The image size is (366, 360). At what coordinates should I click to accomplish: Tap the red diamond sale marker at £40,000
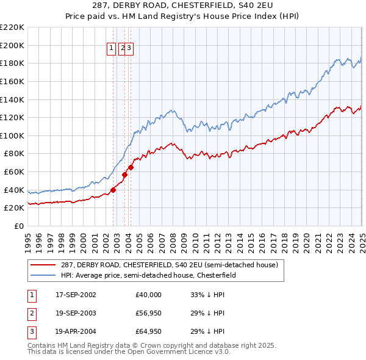tap(113, 190)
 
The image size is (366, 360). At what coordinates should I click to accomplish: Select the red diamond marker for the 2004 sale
tap(131, 167)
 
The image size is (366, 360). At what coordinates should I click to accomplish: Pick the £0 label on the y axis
tap(20, 226)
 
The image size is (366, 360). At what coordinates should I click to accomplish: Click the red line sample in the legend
tap(43, 265)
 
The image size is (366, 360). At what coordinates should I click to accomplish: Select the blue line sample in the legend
tap(43, 275)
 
